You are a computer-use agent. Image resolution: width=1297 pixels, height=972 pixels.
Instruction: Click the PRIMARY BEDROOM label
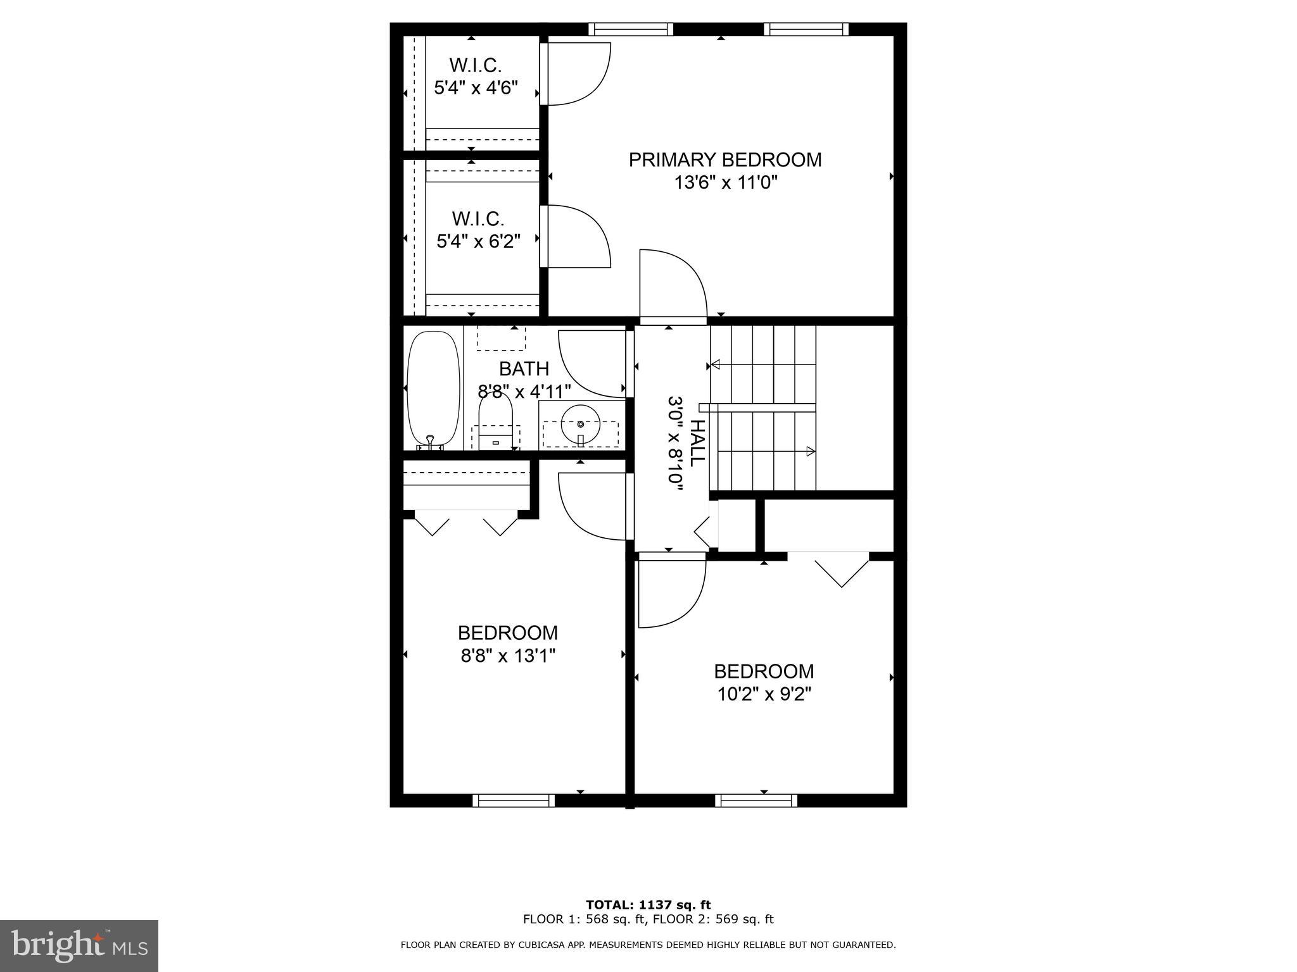(x=725, y=159)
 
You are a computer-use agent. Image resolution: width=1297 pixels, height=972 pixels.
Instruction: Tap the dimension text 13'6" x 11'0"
(x=725, y=183)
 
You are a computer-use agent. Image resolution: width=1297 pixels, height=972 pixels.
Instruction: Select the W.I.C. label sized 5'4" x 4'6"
(x=476, y=65)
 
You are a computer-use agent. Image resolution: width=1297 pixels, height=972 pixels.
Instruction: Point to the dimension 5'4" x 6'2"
(x=478, y=241)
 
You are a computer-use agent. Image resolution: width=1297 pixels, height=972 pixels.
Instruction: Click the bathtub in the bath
(x=433, y=389)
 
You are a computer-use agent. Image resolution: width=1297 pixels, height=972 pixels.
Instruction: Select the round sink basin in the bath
(x=580, y=424)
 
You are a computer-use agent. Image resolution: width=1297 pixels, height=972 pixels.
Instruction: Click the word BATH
(x=524, y=368)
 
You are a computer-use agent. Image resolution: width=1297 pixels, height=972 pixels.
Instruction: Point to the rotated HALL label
(x=697, y=443)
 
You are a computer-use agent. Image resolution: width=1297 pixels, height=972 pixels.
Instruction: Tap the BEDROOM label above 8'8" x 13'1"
(x=508, y=633)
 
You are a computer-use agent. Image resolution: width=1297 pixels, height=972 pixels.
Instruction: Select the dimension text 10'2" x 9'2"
(x=764, y=694)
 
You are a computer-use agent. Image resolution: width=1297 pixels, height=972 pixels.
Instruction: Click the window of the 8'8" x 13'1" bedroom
(x=514, y=801)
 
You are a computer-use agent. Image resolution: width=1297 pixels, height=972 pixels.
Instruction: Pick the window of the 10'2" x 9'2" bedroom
(x=756, y=801)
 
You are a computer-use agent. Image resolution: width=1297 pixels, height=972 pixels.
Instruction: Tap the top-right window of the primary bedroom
(x=806, y=29)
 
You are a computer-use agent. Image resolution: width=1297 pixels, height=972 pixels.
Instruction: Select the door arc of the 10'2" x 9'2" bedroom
(x=671, y=592)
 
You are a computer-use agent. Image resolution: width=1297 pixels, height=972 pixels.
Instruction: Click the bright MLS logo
(x=79, y=945)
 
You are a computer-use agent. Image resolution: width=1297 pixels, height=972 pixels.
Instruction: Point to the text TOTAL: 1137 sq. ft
(x=648, y=905)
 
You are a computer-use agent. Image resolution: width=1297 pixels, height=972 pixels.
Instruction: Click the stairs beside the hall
(x=763, y=408)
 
